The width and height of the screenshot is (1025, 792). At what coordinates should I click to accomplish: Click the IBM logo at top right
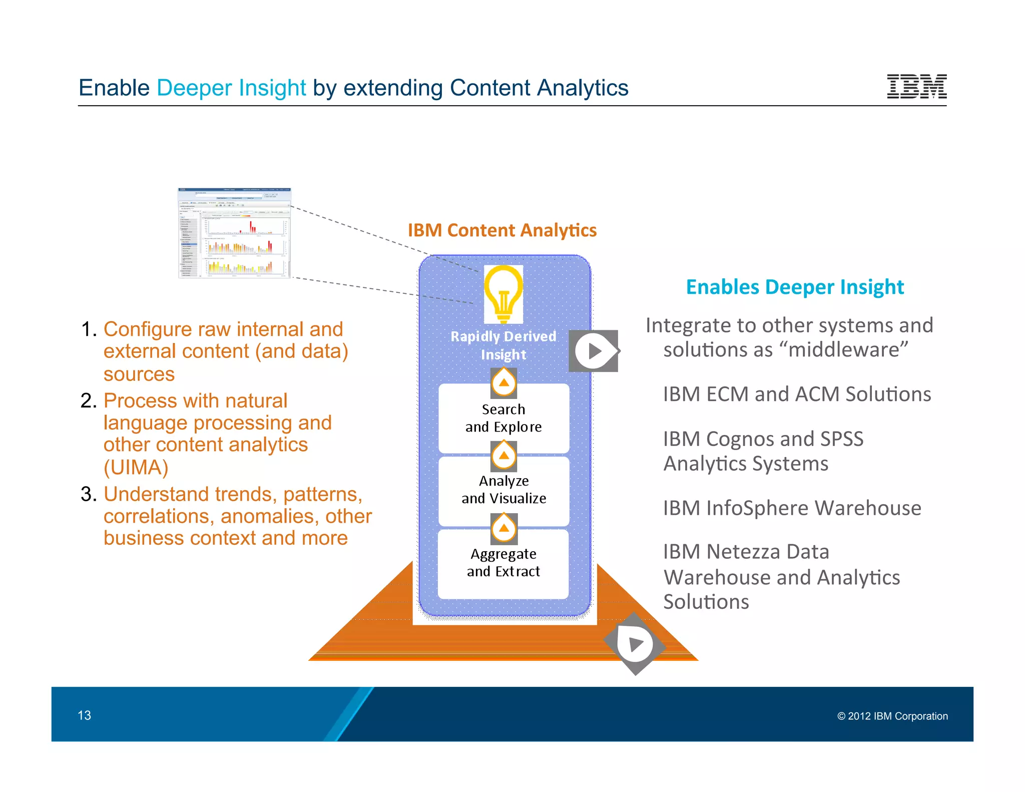coord(916,86)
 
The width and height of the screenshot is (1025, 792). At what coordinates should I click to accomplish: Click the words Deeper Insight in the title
coord(231,88)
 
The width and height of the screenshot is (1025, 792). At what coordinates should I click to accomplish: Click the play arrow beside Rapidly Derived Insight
coord(594,351)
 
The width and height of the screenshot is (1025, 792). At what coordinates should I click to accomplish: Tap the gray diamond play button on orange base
coord(635,644)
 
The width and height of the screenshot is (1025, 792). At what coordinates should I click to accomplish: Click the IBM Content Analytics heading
coord(502,230)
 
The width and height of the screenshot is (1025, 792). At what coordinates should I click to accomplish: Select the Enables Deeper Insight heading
coord(795,287)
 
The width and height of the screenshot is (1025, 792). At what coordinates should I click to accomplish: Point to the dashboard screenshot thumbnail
coord(234,233)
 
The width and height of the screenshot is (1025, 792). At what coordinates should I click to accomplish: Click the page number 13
coord(84,715)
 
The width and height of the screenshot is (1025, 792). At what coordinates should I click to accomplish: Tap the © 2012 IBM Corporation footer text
coord(892,716)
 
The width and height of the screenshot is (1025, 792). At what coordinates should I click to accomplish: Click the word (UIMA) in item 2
coord(136,468)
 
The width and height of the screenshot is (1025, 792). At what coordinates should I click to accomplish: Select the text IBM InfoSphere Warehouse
coord(792,508)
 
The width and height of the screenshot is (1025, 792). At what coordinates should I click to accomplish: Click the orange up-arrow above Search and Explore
coord(503,383)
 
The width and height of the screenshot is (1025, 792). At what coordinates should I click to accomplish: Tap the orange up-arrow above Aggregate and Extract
coord(503,528)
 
